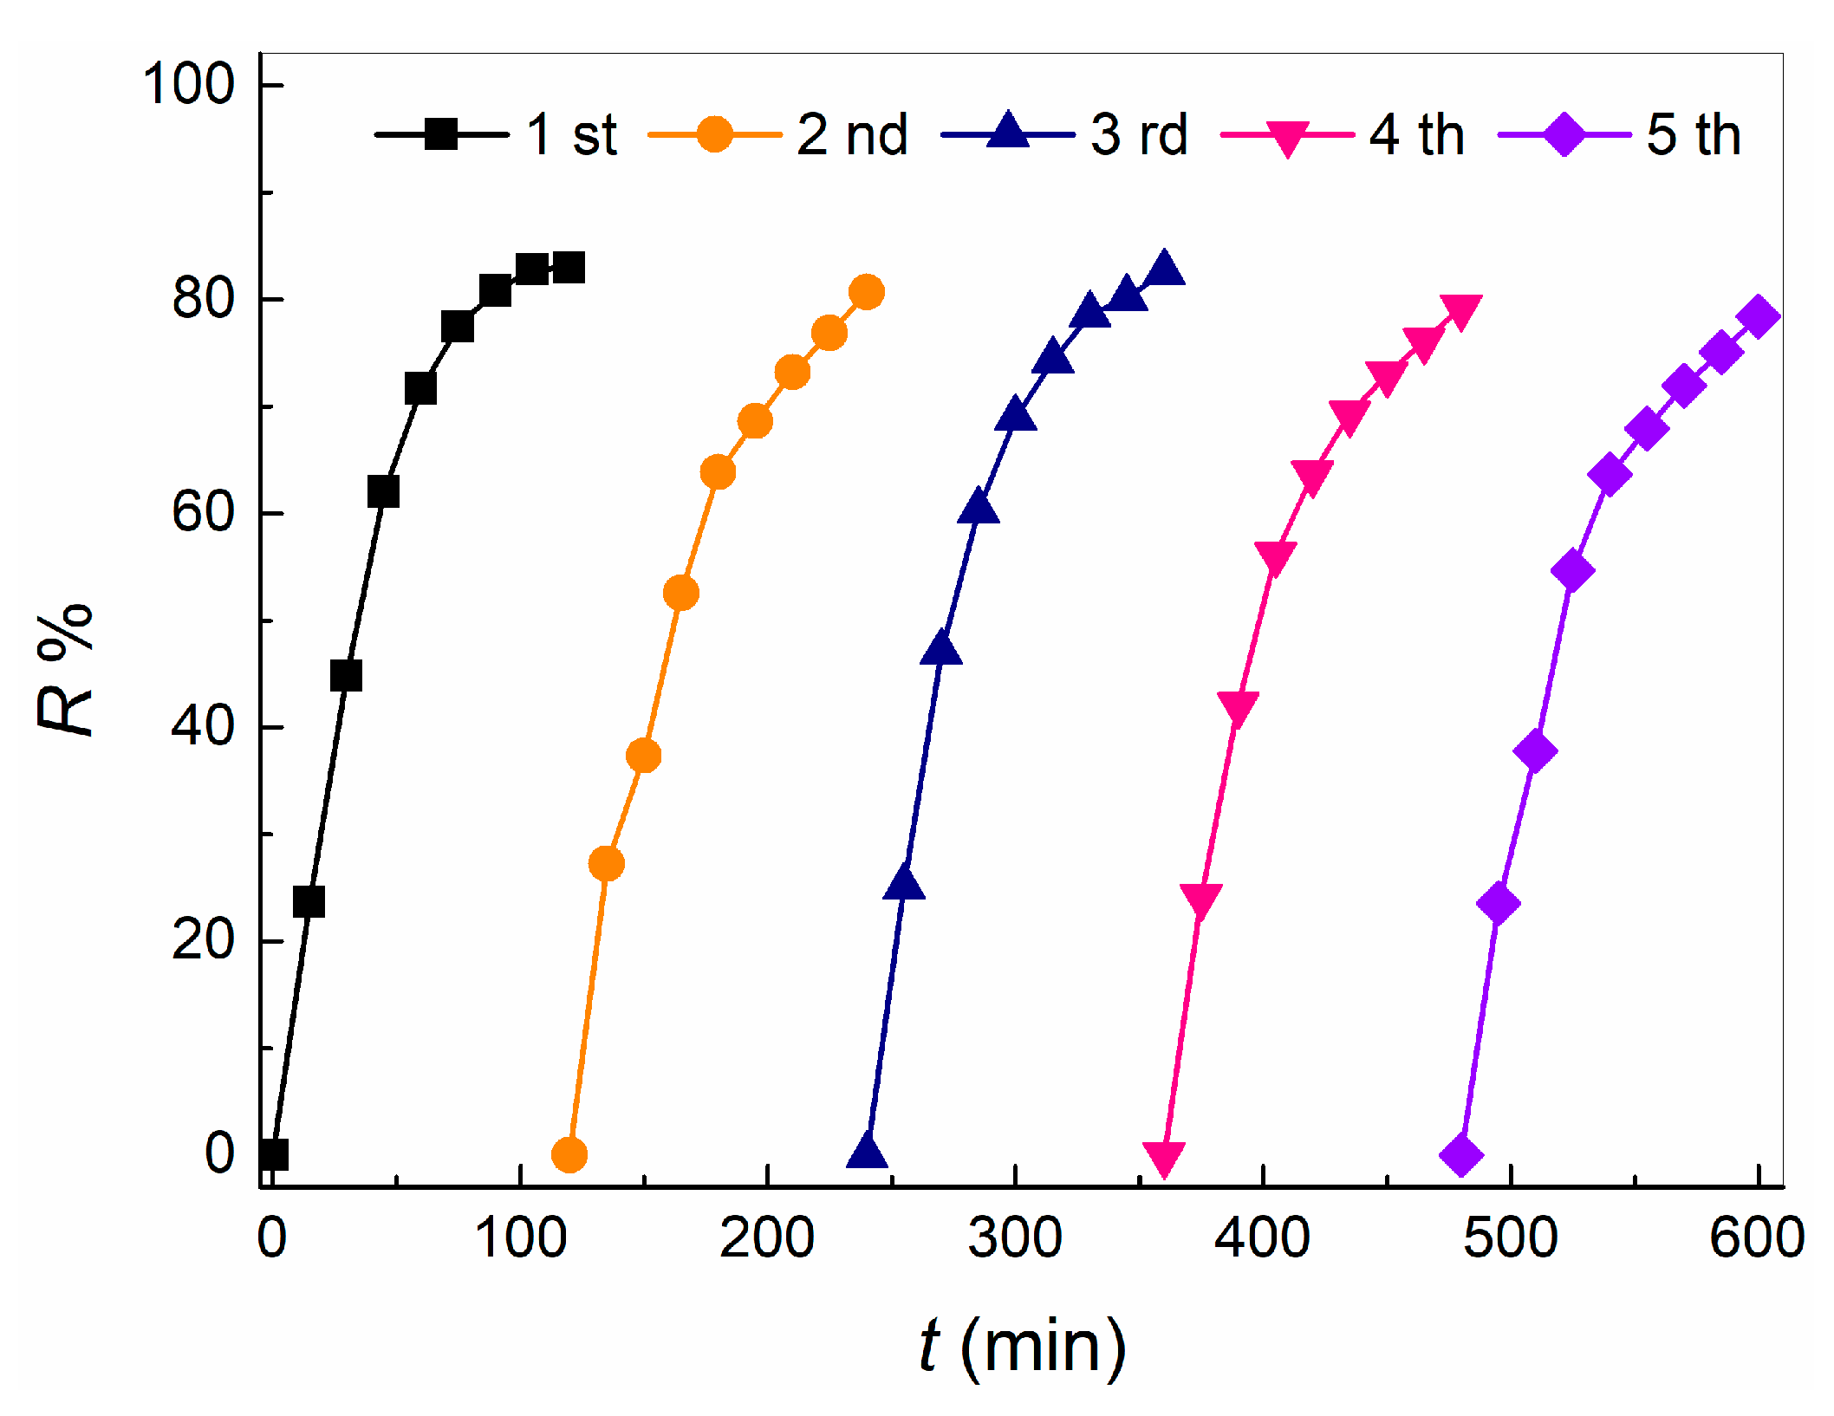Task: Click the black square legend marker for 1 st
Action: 441,134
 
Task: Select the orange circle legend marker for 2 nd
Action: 715,134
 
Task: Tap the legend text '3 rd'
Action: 1139,135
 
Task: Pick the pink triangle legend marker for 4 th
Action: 1287,137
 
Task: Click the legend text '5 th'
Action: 1694,135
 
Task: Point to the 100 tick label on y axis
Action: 188,85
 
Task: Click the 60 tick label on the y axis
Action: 203,512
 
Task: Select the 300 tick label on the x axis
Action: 1015,1238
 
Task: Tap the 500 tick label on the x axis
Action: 1511,1238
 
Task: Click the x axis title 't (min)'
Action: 1023,1346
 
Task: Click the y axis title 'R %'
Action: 66,669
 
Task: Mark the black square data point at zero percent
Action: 273,1154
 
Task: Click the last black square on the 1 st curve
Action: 569,268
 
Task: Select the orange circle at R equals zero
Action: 569,1154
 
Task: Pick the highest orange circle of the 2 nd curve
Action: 867,292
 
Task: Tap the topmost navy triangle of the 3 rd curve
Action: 1164,270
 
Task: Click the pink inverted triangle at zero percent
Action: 1164,1157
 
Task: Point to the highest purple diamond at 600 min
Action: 1759,316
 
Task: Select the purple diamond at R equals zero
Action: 1461,1154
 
